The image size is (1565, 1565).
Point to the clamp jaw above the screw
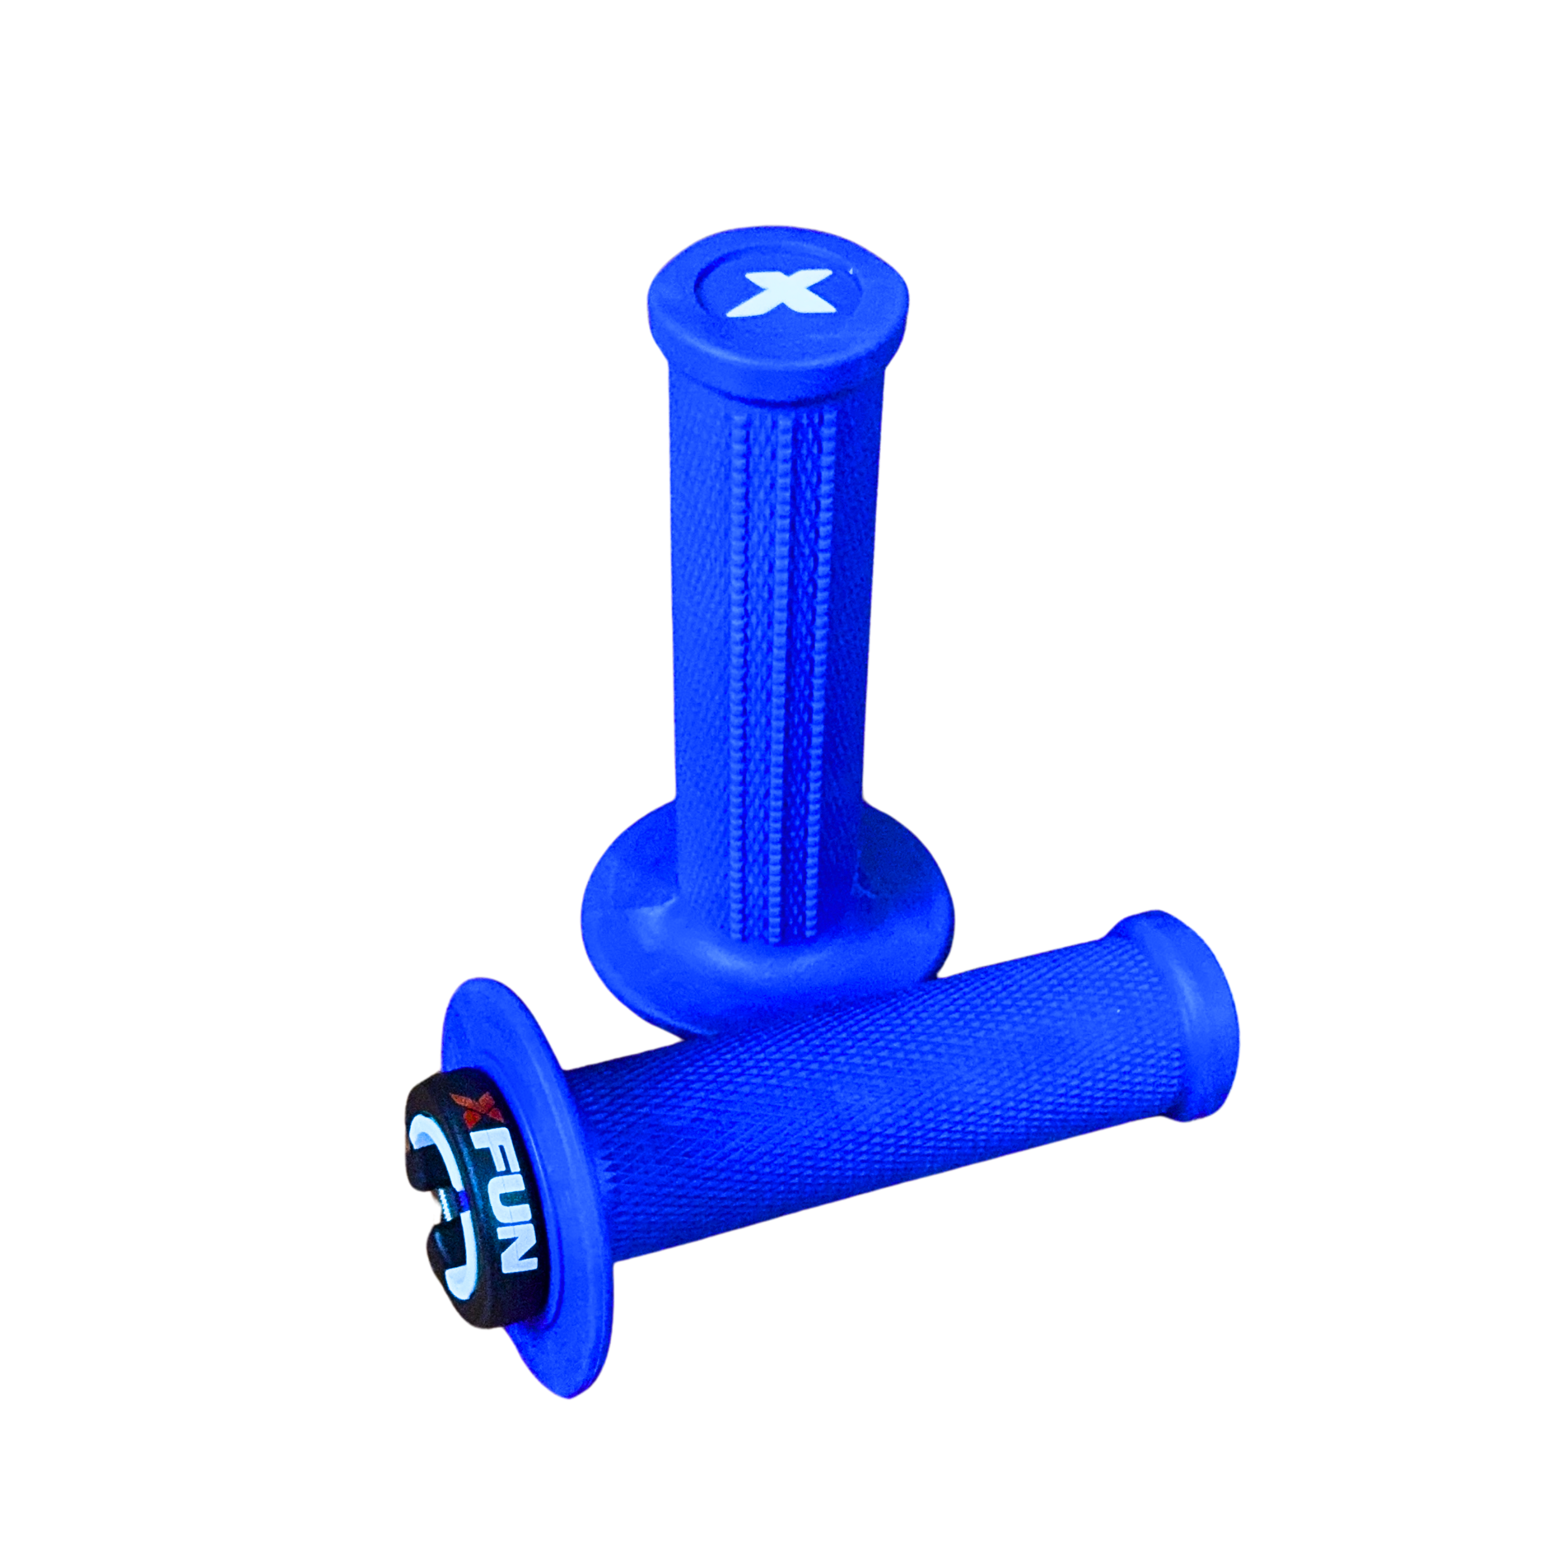coord(441,1166)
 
